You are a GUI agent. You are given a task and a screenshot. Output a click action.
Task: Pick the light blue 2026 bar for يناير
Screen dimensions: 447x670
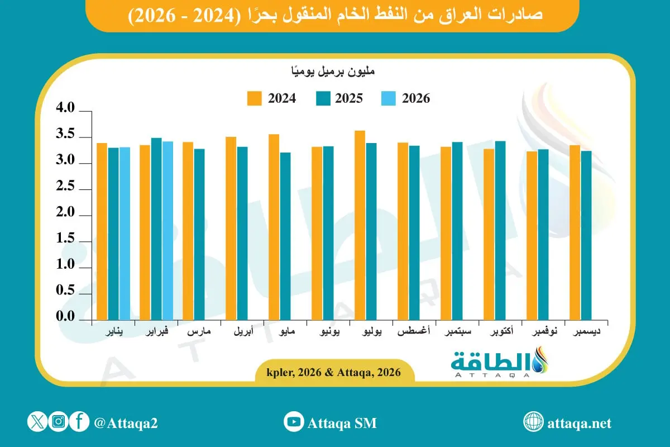(124, 233)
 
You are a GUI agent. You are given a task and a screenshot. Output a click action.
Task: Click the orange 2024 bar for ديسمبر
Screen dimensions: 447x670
(575, 232)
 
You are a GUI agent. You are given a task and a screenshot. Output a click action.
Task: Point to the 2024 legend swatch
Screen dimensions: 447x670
(254, 98)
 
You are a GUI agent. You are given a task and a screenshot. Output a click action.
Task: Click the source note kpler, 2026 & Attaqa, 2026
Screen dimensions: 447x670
(334, 372)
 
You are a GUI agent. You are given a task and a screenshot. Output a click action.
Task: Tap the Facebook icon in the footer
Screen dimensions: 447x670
(80, 422)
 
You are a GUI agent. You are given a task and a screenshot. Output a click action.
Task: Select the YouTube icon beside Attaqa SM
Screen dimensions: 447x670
(293, 422)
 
